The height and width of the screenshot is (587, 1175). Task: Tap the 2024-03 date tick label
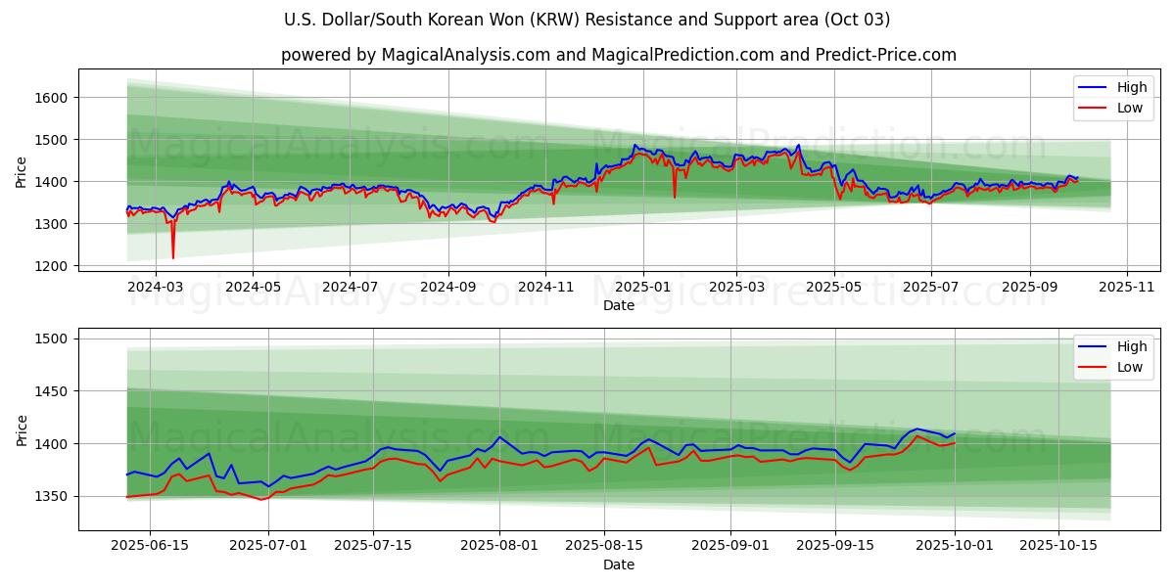pos(155,288)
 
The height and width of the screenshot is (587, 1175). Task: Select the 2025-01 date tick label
pos(642,288)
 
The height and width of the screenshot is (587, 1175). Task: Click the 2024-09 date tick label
pos(447,288)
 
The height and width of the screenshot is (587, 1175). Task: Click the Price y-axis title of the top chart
pos(22,171)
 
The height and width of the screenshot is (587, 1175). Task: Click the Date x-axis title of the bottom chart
pos(618,564)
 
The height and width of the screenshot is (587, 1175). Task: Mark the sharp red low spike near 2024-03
pos(173,257)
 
